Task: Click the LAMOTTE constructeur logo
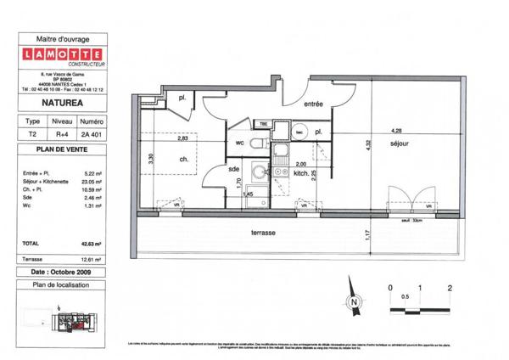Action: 67,59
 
